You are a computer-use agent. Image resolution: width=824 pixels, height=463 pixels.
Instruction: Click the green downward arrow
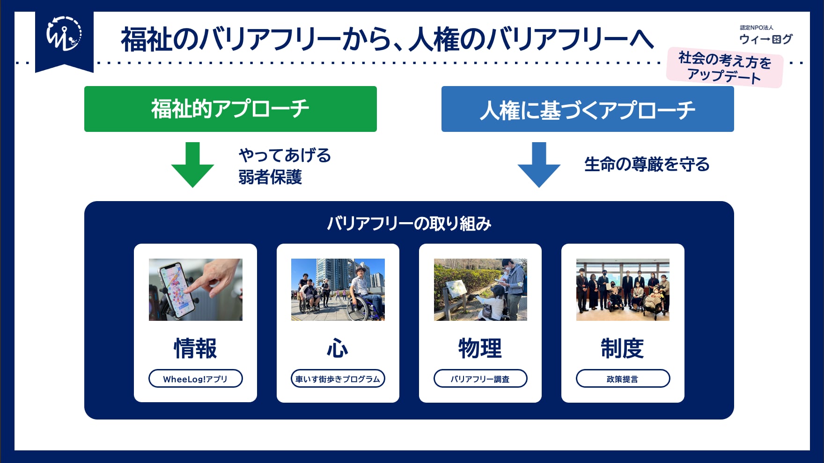coord(192,165)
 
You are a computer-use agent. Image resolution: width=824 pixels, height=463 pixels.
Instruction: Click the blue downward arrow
coord(539,165)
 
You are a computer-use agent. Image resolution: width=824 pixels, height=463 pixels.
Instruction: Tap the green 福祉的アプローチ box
coord(230,109)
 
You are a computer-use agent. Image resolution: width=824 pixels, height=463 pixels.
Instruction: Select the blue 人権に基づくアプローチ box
coord(588,109)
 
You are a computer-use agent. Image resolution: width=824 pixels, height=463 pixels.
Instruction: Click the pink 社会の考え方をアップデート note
coord(725,67)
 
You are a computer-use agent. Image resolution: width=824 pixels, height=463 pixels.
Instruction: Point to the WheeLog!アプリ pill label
coord(196,378)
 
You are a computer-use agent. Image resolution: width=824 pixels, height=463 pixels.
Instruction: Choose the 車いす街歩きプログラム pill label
coord(338,378)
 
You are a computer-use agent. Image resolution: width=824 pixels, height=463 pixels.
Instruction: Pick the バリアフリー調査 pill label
coord(480,378)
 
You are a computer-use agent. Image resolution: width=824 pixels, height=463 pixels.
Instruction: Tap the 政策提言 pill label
coord(623,378)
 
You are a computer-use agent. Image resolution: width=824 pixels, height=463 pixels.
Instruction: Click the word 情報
coord(196,348)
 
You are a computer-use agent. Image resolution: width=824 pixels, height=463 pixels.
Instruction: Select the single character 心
coord(338,348)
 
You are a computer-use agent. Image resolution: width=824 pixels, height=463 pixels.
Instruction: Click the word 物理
coord(480,348)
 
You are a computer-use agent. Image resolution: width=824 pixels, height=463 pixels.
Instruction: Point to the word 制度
coord(623,348)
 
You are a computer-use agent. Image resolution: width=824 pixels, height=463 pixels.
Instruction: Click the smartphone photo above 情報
coord(196,289)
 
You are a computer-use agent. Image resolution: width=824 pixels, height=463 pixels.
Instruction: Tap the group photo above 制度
coord(623,289)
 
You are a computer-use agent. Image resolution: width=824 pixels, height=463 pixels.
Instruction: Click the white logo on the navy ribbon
coord(64,34)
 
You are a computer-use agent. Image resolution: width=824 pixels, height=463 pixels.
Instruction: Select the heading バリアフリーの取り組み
coord(409,224)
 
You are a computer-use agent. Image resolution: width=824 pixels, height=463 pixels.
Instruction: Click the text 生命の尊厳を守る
coord(647,165)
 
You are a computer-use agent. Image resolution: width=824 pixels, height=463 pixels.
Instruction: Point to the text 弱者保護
coord(270,177)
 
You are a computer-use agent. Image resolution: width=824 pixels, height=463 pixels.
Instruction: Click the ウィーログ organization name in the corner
coord(766,39)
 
